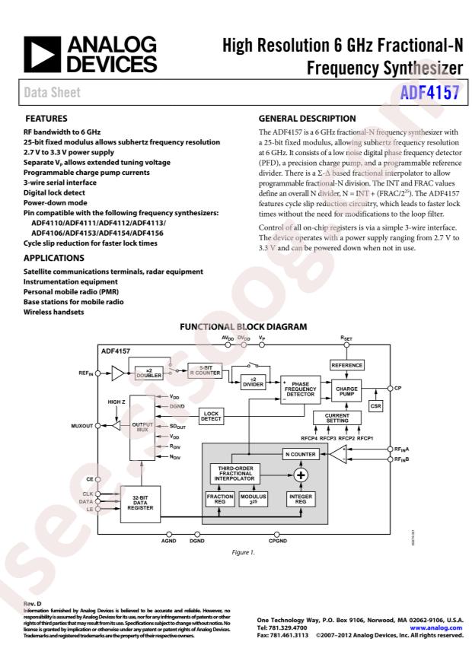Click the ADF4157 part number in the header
[x=431, y=92]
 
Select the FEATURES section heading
[x=46, y=119]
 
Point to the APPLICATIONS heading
[x=56, y=259]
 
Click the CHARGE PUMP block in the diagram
[x=346, y=391]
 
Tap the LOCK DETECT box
[x=212, y=415]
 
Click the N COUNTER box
[x=301, y=454]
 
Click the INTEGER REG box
[x=301, y=500]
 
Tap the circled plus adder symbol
[x=301, y=475]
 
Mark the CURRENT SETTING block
[x=337, y=418]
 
